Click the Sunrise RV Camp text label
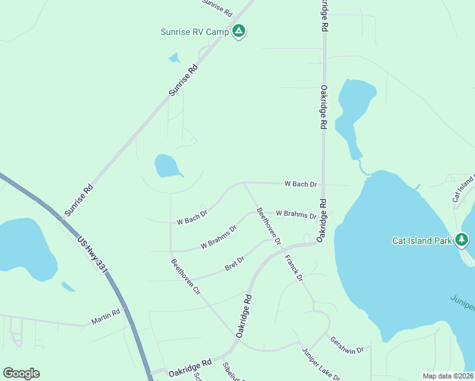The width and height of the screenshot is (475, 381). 195,30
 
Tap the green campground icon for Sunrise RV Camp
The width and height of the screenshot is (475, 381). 239,30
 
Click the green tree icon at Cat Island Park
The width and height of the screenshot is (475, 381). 462,240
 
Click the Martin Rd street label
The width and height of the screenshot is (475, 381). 105,317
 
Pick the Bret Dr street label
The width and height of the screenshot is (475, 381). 234,264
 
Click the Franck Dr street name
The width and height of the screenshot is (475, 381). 294,268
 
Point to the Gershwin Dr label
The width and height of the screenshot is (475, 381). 346,345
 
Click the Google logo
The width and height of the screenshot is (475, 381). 21,373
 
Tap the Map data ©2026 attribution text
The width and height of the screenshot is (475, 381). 448,376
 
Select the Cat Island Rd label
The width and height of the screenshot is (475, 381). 463,189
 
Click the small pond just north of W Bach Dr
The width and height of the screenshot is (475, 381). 168,166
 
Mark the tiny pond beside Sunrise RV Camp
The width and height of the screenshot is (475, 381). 174,58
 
